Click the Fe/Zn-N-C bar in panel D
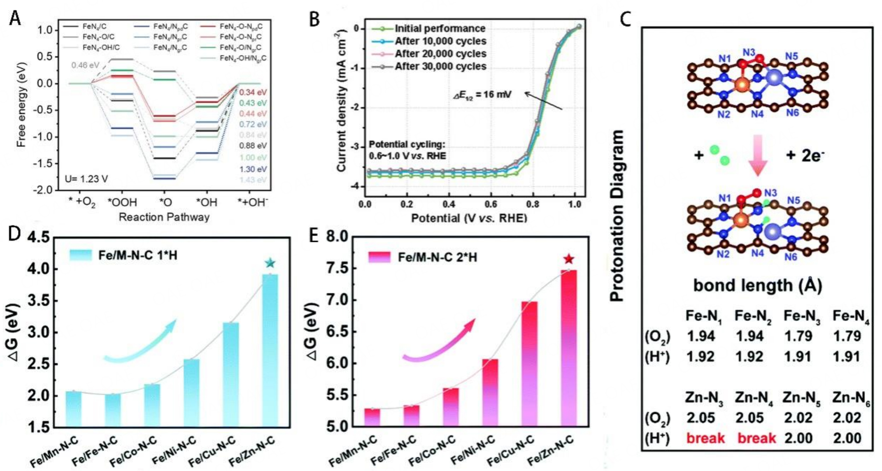tap(270, 350)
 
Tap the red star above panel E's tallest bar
tap(569, 259)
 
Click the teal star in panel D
tap(270, 263)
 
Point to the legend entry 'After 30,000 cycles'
tap(440, 67)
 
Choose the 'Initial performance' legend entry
tap(440, 28)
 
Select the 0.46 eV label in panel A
tap(85, 65)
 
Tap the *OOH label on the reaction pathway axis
tap(122, 202)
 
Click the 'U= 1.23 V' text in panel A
tap(86, 179)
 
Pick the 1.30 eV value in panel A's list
tap(253, 169)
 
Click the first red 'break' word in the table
tap(705, 438)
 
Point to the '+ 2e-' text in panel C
tap(805, 155)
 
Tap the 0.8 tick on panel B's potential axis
tap(533, 204)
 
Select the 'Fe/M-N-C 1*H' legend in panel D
tap(137, 255)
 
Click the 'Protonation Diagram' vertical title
tap(617, 216)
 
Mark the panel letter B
tap(314, 19)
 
